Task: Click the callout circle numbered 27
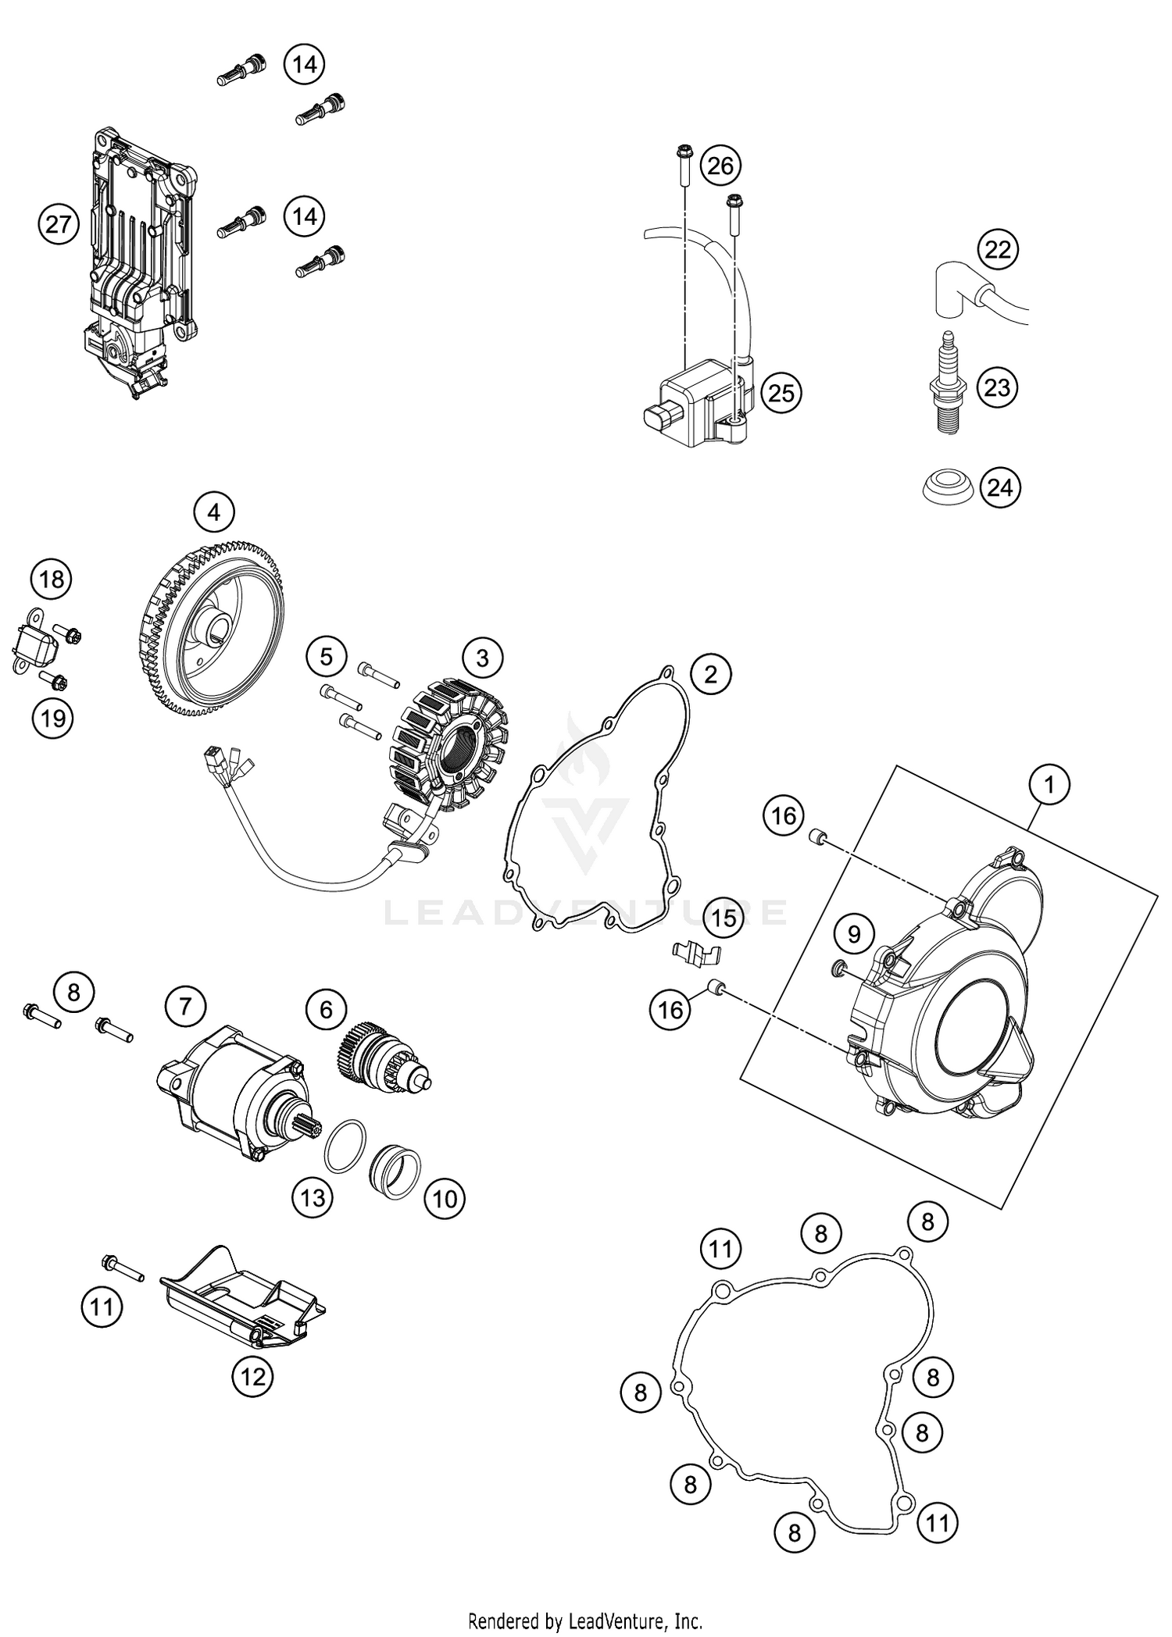(59, 225)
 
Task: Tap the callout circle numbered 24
(1000, 487)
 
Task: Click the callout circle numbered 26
(720, 166)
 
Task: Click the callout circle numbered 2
(710, 673)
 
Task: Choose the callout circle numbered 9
(854, 934)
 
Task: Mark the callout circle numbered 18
(52, 580)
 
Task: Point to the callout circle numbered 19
(52, 717)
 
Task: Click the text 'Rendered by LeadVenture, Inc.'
(585, 1621)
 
